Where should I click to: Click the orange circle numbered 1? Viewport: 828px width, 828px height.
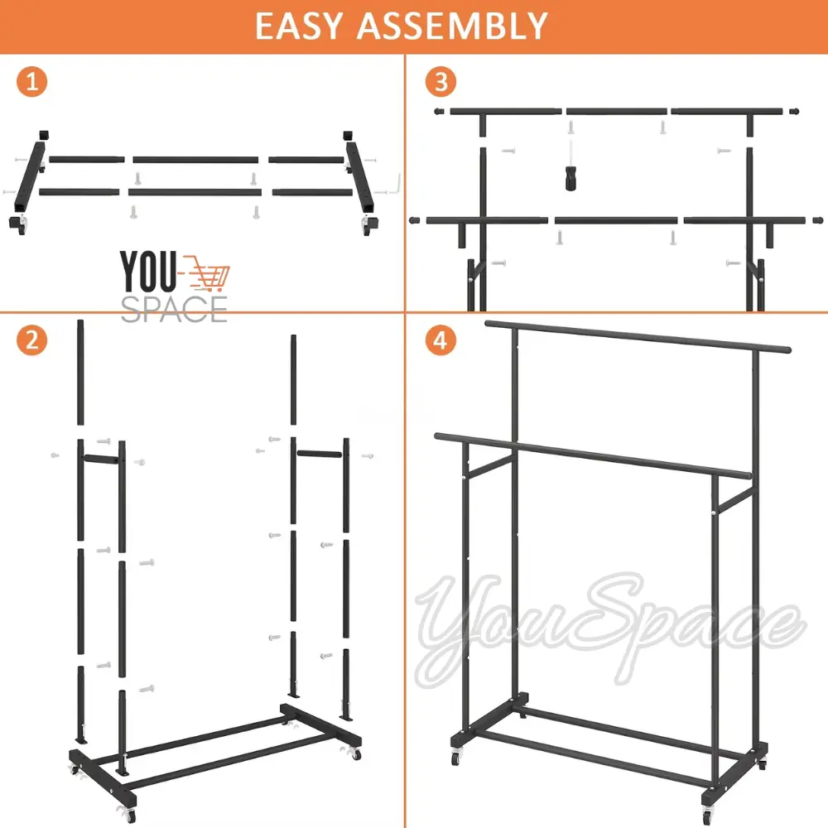click(x=32, y=82)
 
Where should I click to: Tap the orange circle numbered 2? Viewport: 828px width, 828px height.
click(x=32, y=340)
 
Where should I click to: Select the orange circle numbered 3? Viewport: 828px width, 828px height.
click(x=441, y=82)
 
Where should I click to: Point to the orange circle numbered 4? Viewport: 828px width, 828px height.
click(x=441, y=340)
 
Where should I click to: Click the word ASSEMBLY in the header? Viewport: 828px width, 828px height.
click(x=452, y=26)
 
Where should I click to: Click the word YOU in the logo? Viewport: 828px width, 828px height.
click(x=148, y=271)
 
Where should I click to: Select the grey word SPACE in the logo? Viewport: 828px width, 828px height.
click(x=174, y=309)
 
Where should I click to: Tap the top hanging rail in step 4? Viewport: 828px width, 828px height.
click(x=638, y=336)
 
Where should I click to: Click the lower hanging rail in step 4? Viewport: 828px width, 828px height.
click(x=593, y=456)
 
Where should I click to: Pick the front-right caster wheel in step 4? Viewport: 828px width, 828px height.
click(x=708, y=813)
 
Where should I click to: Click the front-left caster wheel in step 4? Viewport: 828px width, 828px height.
click(x=455, y=758)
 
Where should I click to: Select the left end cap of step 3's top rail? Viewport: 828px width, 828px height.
click(x=439, y=112)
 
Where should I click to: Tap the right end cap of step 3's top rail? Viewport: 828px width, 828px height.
click(x=794, y=112)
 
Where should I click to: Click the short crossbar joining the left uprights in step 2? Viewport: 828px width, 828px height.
click(x=101, y=460)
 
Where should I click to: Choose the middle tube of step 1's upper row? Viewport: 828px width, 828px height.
click(x=195, y=160)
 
